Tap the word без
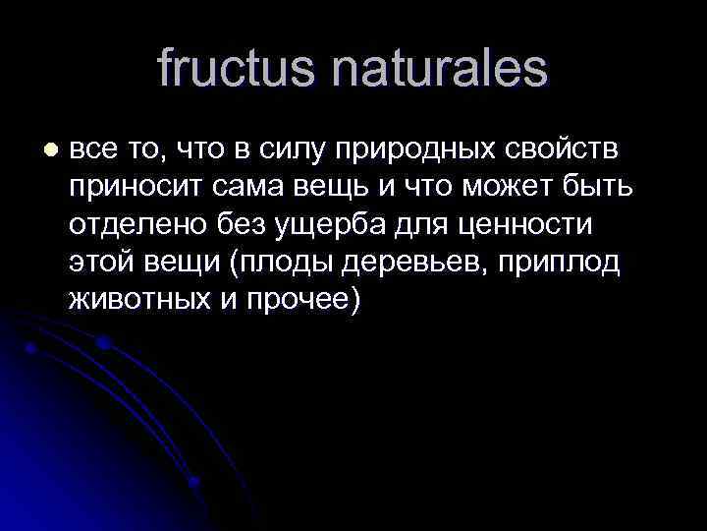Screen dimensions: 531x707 point(242,225)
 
